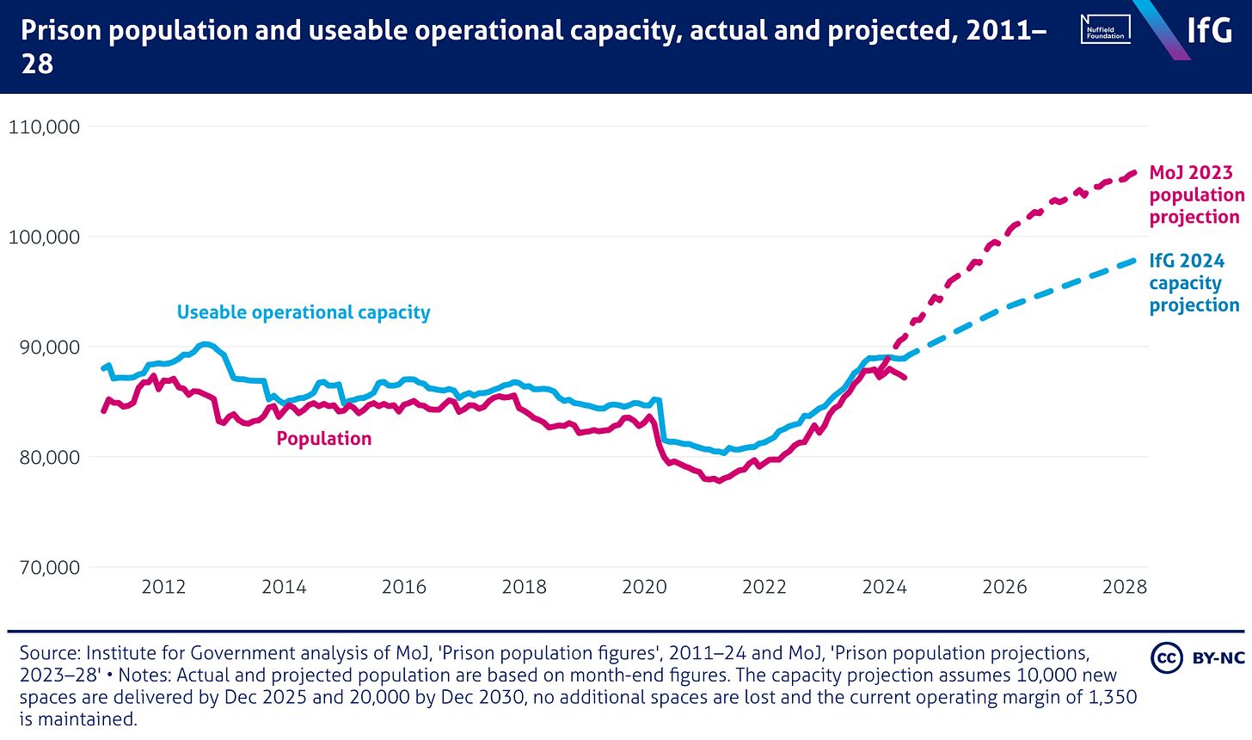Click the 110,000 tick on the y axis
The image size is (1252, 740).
(44, 126)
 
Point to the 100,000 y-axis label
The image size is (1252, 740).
(44, 237)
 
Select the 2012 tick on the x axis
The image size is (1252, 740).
(163, 587)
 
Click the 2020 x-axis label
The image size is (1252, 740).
(644, 587)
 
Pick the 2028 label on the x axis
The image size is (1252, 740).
(1125, 587)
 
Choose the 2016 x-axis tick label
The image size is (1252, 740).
(404, 587)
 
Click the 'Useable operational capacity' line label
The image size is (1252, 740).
(304, 312)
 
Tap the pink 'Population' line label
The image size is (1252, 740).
(324, 439)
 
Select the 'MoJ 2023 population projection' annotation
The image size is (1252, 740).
(1196, 195)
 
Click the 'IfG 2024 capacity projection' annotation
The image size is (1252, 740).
(1194, 283)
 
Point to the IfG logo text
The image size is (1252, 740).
(1210, 30)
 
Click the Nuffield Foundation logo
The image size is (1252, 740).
(1106, 30)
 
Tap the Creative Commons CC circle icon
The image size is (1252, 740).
(1167, 658)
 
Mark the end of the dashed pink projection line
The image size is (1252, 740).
(1135, 172)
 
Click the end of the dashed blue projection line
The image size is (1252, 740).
(1135, 260)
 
